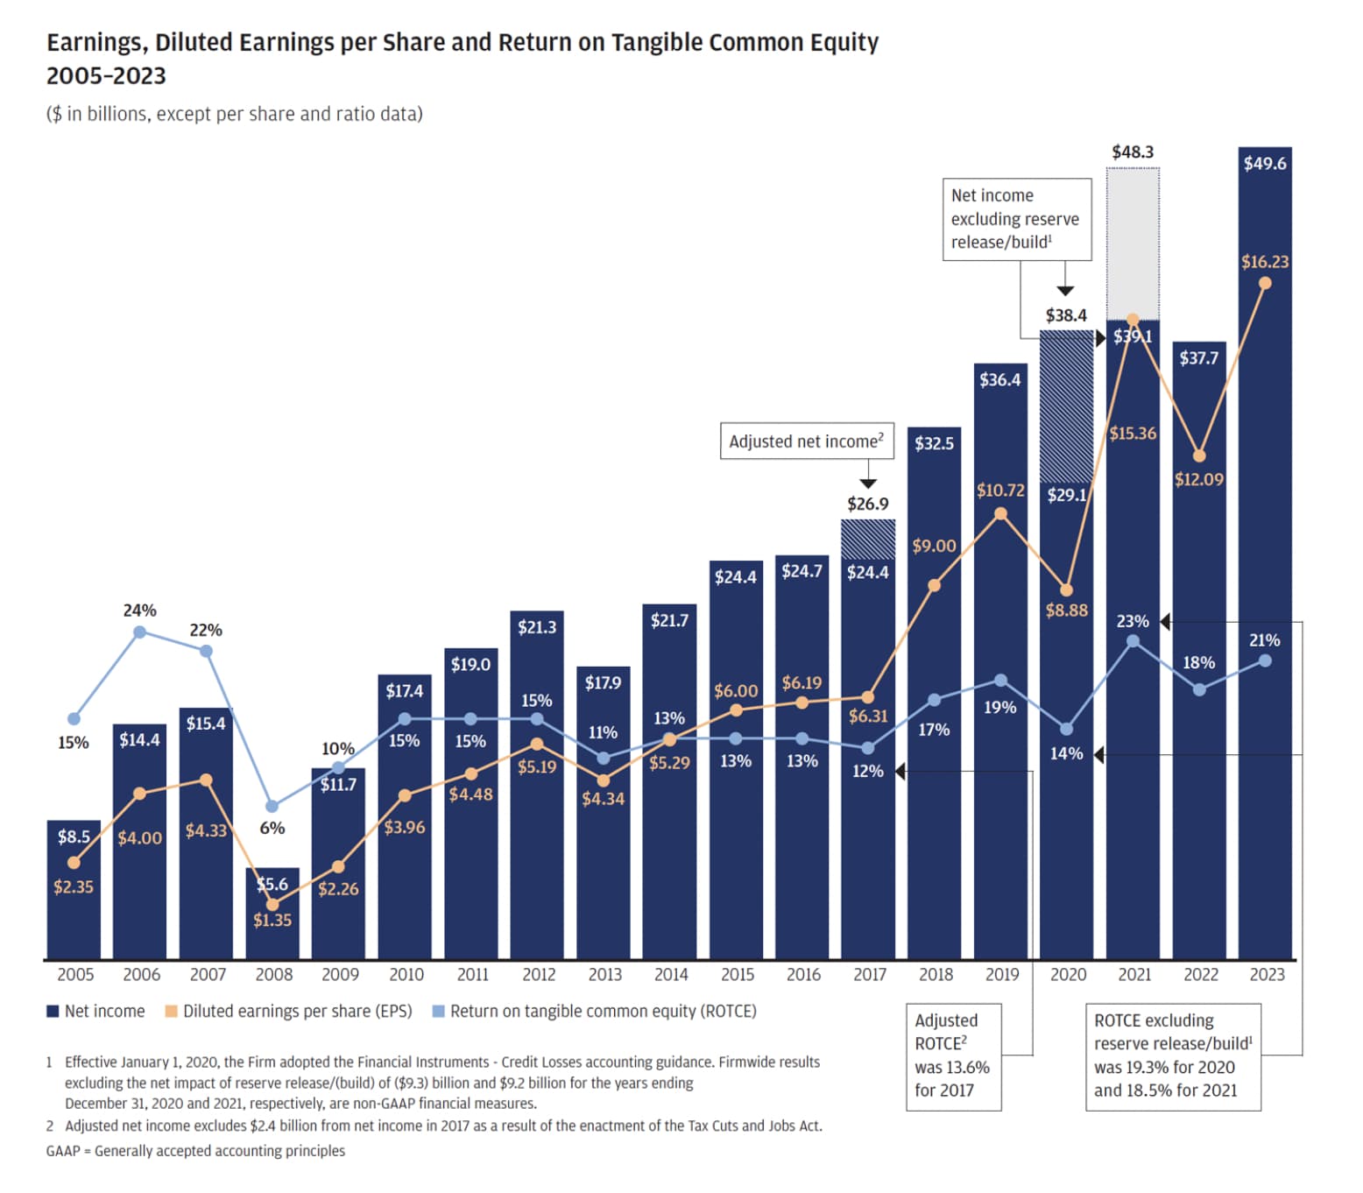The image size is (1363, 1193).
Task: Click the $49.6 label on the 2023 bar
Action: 1264,164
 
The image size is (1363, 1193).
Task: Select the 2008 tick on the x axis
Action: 273,975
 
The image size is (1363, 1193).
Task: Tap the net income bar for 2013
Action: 603,867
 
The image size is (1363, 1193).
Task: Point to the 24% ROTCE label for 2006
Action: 139,611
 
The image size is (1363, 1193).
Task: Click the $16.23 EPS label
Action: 1264,262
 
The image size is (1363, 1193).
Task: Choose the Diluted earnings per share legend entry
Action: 289,1012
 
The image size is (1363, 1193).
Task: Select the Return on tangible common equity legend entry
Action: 595,1012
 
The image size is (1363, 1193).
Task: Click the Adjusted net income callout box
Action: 806,441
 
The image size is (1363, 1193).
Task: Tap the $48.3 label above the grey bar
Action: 1133,152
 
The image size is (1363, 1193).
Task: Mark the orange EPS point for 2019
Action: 1000,514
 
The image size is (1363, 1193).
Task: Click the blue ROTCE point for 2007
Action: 206,651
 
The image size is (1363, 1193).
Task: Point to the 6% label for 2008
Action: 272,829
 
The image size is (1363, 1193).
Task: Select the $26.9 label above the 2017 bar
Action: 867,505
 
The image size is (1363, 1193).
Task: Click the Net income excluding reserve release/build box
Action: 1016,220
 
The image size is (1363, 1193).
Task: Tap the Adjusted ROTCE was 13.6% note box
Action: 953,1056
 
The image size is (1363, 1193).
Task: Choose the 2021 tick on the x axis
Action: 1134,975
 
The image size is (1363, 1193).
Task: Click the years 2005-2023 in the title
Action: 106,76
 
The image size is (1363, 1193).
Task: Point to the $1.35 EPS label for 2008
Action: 272,921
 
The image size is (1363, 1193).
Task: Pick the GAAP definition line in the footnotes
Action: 195,1151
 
